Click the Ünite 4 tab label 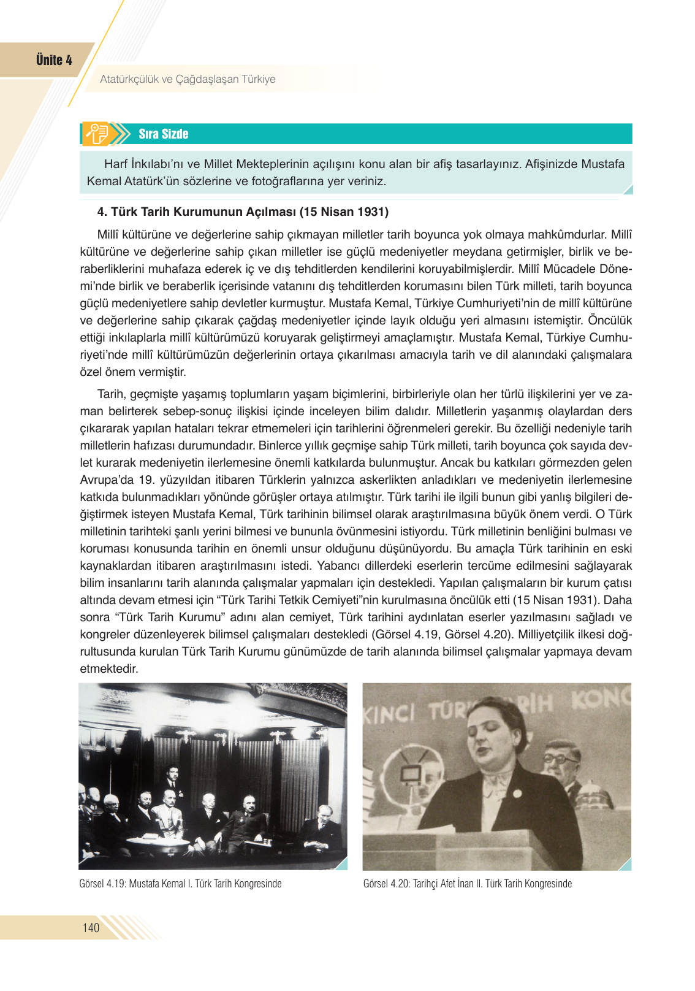[54, 60]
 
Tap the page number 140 [91, 927]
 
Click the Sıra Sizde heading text [163, 134]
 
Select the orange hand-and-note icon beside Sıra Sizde [97, 134]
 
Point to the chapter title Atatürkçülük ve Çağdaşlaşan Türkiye [188, 79]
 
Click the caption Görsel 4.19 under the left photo [180, 884]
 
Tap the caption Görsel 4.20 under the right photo [467, 884]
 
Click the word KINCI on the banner [390, 713]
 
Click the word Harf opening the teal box [116, 164]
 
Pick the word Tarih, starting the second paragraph [110, 394]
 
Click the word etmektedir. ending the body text [109, 669]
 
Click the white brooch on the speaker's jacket [517, 793]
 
